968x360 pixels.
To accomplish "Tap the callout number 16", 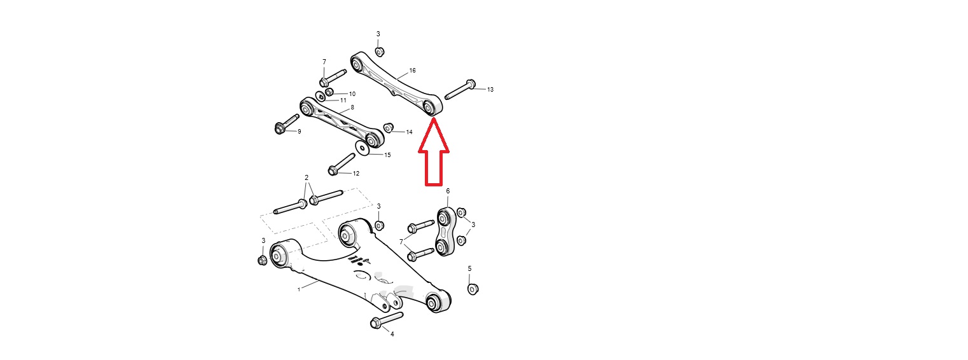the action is [x=412, y=71].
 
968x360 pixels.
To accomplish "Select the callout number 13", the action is [x=490, y=90].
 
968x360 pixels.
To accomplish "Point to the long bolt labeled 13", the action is [x=460, y=89].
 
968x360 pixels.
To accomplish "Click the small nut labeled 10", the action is [x=329, y=92].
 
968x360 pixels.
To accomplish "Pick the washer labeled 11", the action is [x=321, y=96].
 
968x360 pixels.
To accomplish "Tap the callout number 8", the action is [x=352, y=107].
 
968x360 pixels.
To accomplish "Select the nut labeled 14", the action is [x=389, y=127].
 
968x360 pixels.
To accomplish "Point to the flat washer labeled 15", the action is [x=362, y=148].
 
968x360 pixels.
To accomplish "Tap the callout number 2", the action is [x=307, y=177].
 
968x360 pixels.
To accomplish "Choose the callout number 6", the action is [x=448, y=191].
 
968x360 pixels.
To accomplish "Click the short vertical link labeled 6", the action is [x=445, y=232].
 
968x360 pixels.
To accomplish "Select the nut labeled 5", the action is [x=473, y=289].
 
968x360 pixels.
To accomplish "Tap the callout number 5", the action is [x=470, y=268].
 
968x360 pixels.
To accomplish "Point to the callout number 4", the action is [x=392, y=334].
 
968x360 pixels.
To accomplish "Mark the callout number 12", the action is [x=356, y=173].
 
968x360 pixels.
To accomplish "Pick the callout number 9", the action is [x=299, y=132].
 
